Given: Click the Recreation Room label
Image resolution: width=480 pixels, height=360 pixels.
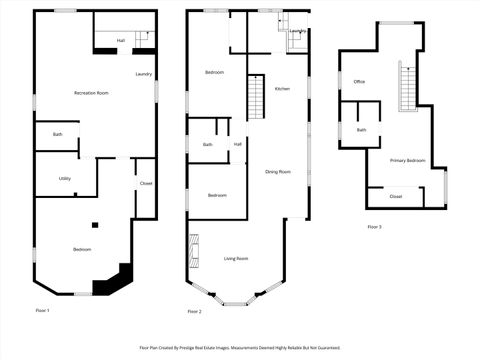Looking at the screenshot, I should point(91,93).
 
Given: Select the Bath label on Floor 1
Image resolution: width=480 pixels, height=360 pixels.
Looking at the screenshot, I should point(58,134).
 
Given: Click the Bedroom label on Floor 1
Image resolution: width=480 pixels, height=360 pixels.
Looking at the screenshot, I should point(82,249).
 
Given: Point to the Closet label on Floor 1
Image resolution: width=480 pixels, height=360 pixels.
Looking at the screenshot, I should point(145,183).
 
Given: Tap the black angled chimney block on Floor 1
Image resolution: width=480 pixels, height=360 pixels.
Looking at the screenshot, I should point(109,282).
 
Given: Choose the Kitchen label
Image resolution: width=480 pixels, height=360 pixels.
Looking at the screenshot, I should point(283,89).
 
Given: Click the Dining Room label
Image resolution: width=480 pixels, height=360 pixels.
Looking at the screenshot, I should point(278,171).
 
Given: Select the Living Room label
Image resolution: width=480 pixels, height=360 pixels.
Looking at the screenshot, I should point(236,259).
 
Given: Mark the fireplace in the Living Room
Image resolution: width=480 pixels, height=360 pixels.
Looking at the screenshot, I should point(194,247).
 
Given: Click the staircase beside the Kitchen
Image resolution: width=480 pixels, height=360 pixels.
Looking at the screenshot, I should point(256,99).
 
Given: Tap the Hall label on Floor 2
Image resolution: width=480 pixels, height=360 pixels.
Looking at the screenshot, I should point(238,144).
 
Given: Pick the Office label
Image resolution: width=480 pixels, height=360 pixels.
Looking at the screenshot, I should point(359,81).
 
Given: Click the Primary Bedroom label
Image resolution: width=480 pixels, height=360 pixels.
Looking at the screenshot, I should point(407,160).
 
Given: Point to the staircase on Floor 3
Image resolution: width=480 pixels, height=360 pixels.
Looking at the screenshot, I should point(406,86).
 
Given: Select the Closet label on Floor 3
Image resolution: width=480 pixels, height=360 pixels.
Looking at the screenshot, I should point(396,196).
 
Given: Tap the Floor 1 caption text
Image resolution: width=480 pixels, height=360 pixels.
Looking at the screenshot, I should point(42,311).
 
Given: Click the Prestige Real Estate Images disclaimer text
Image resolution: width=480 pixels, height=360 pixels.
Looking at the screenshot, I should point(240,348).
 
